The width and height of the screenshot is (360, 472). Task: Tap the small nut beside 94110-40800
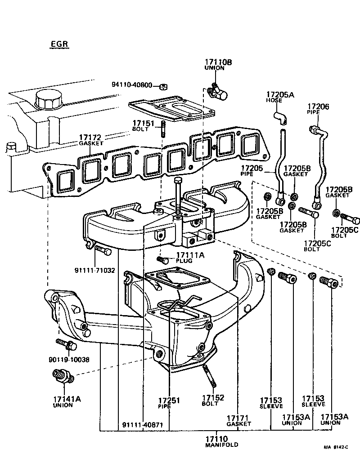click(x=164, y=85)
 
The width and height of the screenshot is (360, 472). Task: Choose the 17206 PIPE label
click(x=318, y=109)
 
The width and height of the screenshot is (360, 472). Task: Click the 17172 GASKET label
click(x=91, y=140)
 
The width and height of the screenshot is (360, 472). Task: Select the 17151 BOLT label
click(x=143, y=125)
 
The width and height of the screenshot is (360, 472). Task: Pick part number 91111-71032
click(x=94, y=271)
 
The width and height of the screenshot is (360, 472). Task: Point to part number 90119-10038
click(x=69, y=360)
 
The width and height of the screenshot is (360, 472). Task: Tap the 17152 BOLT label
click(x=213, y=400)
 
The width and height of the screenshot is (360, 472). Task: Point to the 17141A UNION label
click(x=62, y=401)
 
